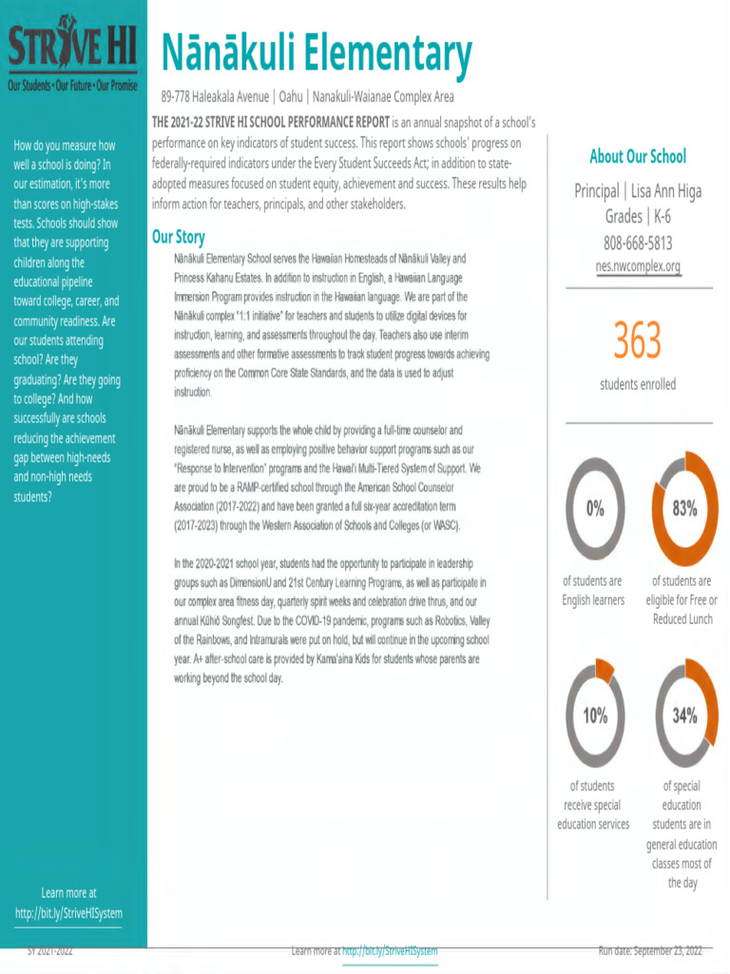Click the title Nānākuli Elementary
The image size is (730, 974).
(316, 54)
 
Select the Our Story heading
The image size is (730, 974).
(178, 237)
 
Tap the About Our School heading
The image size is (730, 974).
(637, 157)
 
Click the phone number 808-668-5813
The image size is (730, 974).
(638, 242)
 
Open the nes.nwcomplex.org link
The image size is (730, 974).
(638, 266)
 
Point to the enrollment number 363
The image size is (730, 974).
(637, 341)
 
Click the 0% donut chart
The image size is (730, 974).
(595, 508)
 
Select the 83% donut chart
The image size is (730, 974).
(684, 508)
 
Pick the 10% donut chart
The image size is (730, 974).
(595, 715)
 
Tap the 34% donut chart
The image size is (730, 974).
(684, 715)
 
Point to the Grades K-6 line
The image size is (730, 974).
(638, 217)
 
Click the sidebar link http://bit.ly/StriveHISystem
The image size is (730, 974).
(68, 913)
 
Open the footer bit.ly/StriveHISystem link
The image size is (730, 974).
(390, 950)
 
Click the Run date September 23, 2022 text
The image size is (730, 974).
(649, 950)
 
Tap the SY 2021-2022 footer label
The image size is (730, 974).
(49, 950)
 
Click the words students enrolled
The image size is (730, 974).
(637, 384)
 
